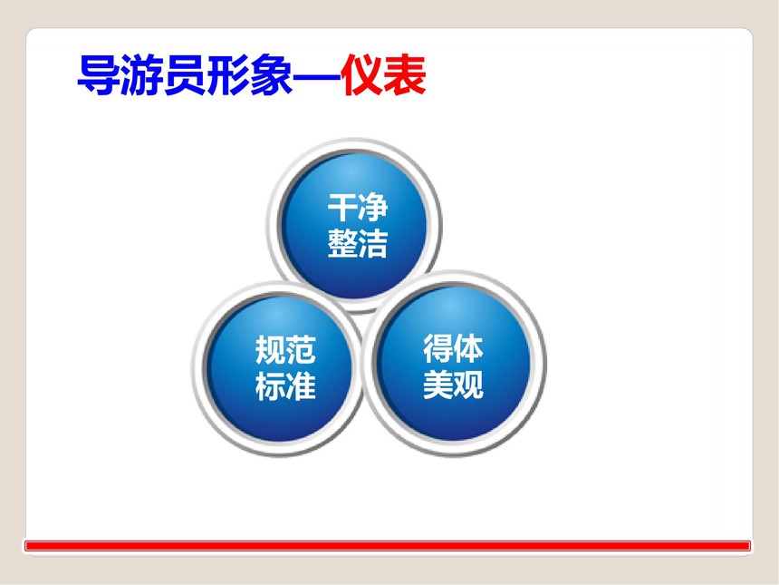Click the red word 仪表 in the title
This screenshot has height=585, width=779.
click(383, 74)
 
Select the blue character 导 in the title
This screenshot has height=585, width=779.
click(99, 74)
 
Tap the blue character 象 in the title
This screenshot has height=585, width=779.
click(271, 74)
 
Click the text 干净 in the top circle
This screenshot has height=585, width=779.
click(357, 208)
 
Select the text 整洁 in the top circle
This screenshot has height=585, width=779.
click(357, 243)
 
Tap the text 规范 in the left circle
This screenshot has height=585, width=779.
click(285, 350)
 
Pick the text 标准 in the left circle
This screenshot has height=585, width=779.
click(285, 385)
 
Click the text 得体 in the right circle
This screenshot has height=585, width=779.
click(453, 348)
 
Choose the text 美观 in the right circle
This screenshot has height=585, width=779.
click(453, 384)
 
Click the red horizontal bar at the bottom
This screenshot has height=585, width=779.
click(388, 546)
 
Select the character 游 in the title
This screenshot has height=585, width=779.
click(141, 74)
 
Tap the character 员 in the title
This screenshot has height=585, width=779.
click(185, 74)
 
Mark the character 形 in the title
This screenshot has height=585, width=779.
click(228, 74)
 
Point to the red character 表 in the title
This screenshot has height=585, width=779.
click(405, 74)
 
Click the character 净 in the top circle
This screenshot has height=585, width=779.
click(372, 208)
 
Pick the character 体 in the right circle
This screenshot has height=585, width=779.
click(468, 348)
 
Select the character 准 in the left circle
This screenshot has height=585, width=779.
click(301, 385)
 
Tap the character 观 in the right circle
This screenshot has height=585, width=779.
click(468, 384)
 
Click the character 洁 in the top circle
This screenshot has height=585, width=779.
click(372, 243)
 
